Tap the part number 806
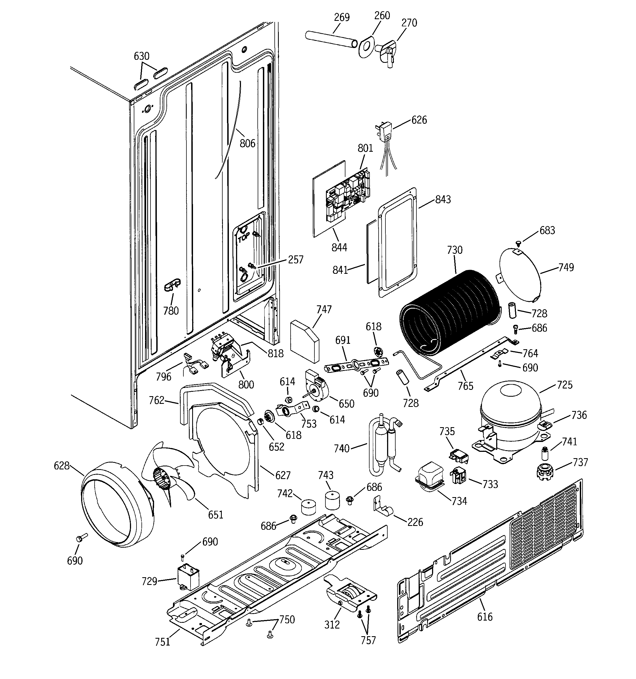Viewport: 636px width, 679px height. [247, 143]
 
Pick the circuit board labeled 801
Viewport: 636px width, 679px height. [348, 196]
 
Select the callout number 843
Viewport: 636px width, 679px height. [443, 199]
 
